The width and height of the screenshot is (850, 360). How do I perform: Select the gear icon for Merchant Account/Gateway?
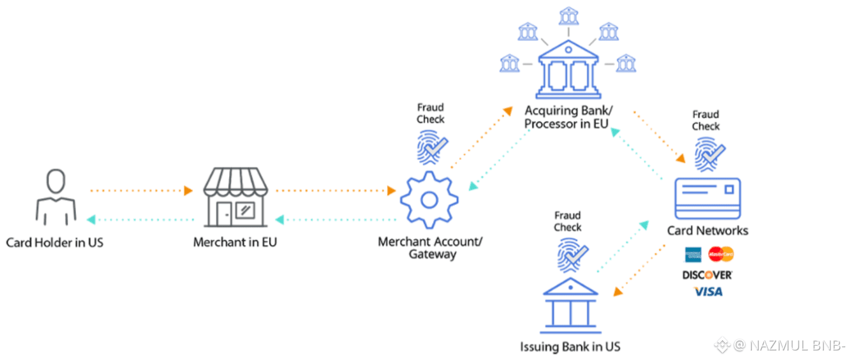point(429,200)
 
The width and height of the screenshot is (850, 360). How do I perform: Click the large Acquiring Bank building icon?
point(567,72)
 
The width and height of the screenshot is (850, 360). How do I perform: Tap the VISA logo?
point(708,292)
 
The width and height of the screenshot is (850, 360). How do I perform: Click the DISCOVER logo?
point(707,275)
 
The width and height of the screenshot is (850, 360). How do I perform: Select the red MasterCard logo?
point(721,254)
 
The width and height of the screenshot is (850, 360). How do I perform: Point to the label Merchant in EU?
point(235,243)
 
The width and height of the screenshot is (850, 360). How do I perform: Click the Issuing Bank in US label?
point(570,346)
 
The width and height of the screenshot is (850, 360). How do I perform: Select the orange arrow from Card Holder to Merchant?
point(142,191)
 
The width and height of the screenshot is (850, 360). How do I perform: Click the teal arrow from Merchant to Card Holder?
point(142,220)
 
